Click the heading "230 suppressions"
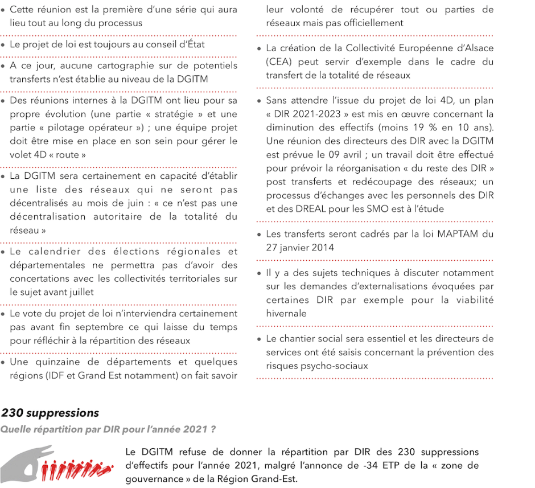50,413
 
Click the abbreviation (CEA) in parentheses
279,61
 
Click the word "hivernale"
286,313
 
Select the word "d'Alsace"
474,48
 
